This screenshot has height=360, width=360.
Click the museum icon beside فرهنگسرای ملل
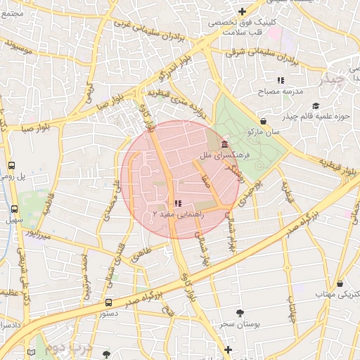224,143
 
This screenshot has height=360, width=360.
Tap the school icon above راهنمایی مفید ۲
176,202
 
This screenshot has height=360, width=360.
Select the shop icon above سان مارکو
263,120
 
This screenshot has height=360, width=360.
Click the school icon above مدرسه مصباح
280,81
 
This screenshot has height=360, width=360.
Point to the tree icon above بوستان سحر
240,312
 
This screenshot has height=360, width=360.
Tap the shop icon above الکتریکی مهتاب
340,283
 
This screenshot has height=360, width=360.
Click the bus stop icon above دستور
108,302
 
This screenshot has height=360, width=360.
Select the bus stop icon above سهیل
14,209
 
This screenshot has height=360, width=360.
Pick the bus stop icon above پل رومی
11,166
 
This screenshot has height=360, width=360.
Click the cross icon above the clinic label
242,11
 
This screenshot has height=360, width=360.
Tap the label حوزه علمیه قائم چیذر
317,115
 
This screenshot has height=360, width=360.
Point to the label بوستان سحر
238,323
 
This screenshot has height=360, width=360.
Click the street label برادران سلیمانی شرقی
262,56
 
